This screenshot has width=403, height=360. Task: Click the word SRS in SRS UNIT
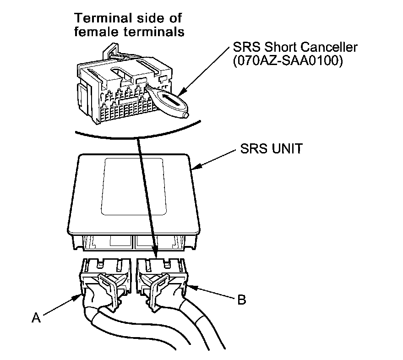(251, 149)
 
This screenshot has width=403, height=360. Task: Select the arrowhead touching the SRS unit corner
(195, 170)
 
